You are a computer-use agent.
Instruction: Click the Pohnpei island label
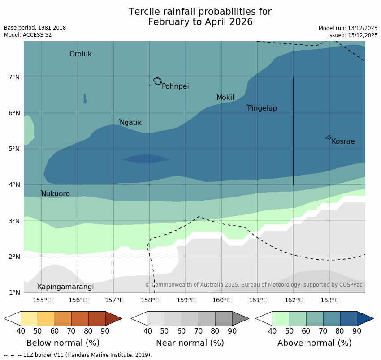pos(175,86)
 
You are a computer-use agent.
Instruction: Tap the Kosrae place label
pos(343,141)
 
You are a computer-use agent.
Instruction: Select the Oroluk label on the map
pos(80,54)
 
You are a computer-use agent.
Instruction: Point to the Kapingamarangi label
pos(65,287)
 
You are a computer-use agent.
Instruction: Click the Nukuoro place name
pos(56,194)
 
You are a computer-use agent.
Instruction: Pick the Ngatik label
pos(130,123)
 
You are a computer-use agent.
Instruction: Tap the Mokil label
pos(225,98)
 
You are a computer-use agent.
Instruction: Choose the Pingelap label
pos(262,108)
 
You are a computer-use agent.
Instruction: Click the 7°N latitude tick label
pos(14,77)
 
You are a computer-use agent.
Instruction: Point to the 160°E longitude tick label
pos(221,300)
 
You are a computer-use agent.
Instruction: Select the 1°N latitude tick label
pos(14,293)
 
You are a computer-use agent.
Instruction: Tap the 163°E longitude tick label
pos(329,300)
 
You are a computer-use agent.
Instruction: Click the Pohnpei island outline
pos(157,81)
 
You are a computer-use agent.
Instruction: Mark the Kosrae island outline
pos(329,137)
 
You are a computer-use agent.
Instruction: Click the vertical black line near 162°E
pos(294,130)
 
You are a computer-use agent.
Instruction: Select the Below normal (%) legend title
pos(63,343)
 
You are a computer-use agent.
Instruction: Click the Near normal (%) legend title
pos(190,343)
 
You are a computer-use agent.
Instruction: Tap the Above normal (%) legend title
pos(314,343)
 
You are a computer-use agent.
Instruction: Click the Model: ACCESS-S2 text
pos(28,35)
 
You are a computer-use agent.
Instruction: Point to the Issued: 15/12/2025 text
pos(353,35)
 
